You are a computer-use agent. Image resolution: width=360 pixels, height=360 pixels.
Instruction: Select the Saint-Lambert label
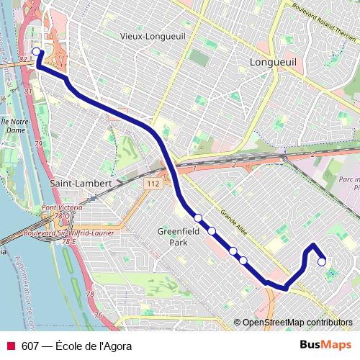tap(81, 183)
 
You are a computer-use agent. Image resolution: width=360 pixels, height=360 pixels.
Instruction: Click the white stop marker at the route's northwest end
tap(37, 52)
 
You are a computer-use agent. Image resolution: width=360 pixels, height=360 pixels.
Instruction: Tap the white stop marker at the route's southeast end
tap(322, 261)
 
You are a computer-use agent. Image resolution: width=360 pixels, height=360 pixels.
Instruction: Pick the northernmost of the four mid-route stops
tap(198, 217)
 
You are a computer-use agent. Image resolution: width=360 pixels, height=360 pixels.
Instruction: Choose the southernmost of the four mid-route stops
tap(243, 260)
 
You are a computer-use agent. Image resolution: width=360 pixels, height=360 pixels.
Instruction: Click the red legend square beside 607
tap(11, 346)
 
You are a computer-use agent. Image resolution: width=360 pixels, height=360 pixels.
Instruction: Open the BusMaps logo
tap(325, 345)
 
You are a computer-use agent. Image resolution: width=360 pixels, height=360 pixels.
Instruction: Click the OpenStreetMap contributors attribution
tap(297, 323)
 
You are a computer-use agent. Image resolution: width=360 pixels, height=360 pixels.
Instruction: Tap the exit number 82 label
tap(24, 59)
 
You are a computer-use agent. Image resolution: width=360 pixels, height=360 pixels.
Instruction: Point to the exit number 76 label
tap(97, 315)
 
